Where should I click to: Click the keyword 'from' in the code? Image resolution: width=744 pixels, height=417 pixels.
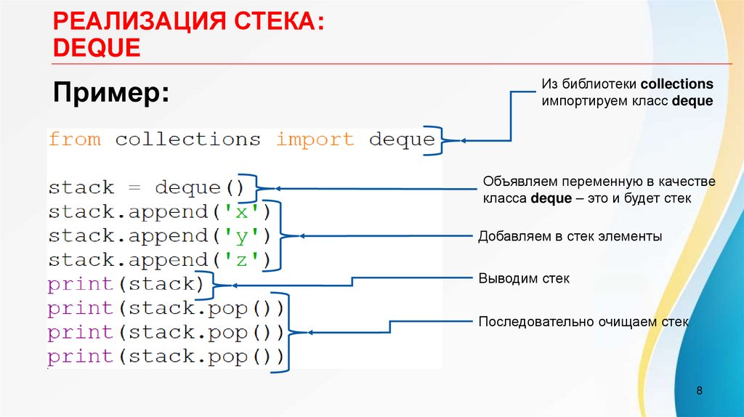[75, 139]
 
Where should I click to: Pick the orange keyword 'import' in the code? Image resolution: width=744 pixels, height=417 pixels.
[315, 139]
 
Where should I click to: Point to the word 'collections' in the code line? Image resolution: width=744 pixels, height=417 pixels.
[187, 139]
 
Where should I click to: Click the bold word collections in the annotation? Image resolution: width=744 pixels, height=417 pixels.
[676, 84]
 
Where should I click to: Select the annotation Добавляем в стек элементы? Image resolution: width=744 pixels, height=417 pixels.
[570, 236]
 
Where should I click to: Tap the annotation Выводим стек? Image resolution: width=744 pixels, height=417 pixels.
[523, 278]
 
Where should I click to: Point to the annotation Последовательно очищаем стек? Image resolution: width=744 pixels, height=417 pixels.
[583, 321]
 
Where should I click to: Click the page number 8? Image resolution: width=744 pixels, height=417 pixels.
[699, 392]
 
